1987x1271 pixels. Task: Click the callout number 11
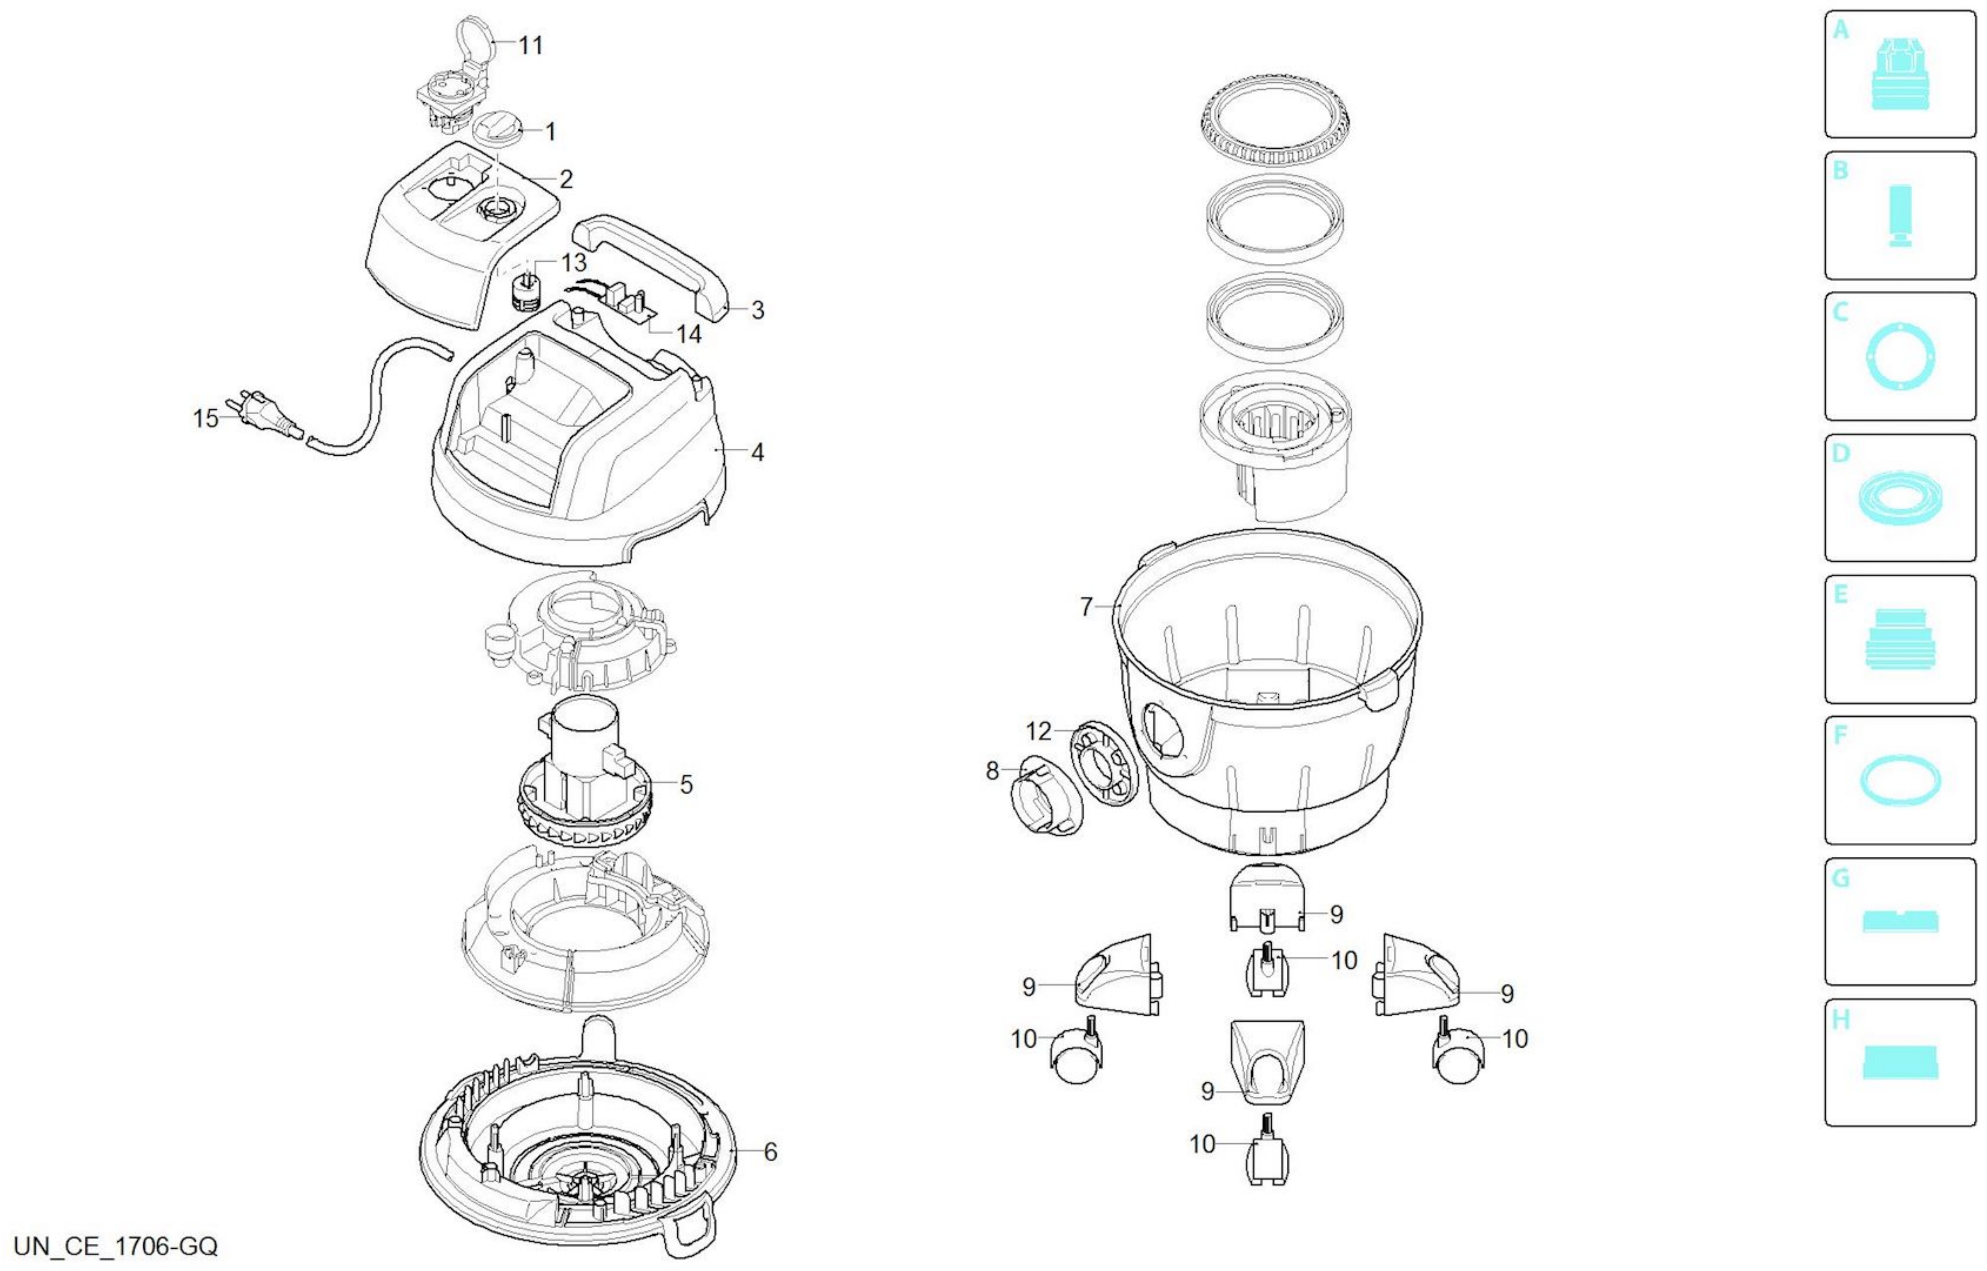click(530, 45)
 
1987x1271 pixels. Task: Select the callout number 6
click(770, 1152)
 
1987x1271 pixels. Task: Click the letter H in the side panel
click(1841, 1020)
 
